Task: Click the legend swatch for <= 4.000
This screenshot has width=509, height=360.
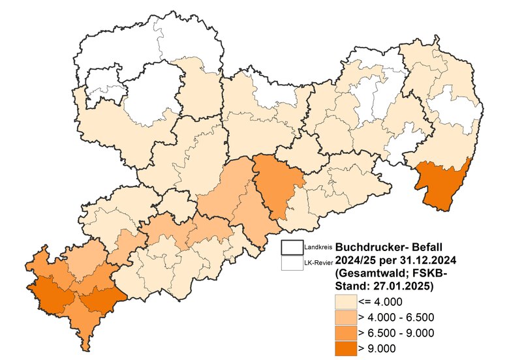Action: tap(345, 301)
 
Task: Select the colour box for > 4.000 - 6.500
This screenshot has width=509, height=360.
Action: tap(345, 318)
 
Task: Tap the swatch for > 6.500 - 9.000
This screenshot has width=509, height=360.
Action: tap(345, 333)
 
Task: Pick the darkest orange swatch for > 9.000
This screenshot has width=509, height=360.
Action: tap(345, 349)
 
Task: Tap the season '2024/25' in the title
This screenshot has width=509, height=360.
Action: tap(359, 260)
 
